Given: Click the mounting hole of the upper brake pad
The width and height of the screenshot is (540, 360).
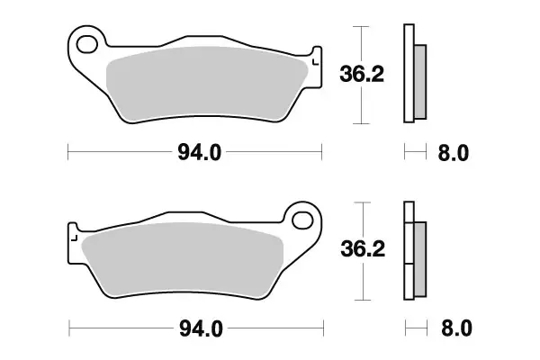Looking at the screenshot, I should point(87,43).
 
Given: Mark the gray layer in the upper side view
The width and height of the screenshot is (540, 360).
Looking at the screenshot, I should point(420,80).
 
